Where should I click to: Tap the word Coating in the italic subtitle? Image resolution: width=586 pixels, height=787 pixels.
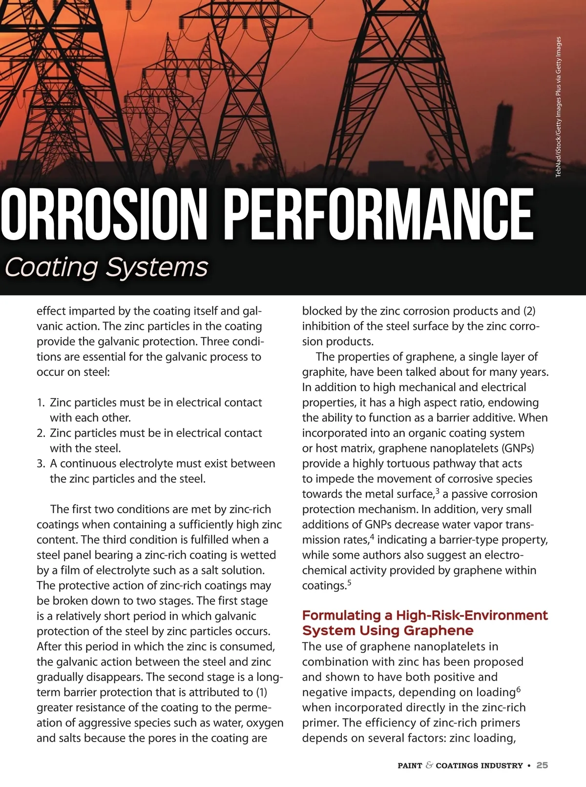[51, 267]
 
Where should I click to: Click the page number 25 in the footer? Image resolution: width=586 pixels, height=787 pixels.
[542, 766]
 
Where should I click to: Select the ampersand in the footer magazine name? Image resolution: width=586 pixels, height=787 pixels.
[429, 766]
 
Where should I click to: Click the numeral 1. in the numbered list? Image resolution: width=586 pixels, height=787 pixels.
[41, 403]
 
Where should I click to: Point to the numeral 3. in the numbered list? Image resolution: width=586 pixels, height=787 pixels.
[41, 464]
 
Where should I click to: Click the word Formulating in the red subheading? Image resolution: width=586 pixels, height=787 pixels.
[341, 615]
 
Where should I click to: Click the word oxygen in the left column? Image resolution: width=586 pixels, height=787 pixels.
[265, 723]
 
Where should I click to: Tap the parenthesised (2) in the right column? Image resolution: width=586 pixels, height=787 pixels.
[529, 311]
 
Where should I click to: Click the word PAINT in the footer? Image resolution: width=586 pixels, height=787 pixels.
[410, 766]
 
